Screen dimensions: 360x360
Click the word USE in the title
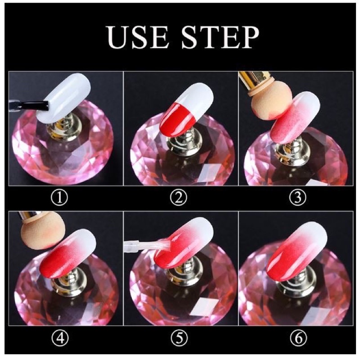point(137,37)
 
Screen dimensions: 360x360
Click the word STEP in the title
point(220,37)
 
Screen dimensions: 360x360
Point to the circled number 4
point(60,338)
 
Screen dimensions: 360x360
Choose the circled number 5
point(179,338)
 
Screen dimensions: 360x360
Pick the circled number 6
point(298,338)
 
